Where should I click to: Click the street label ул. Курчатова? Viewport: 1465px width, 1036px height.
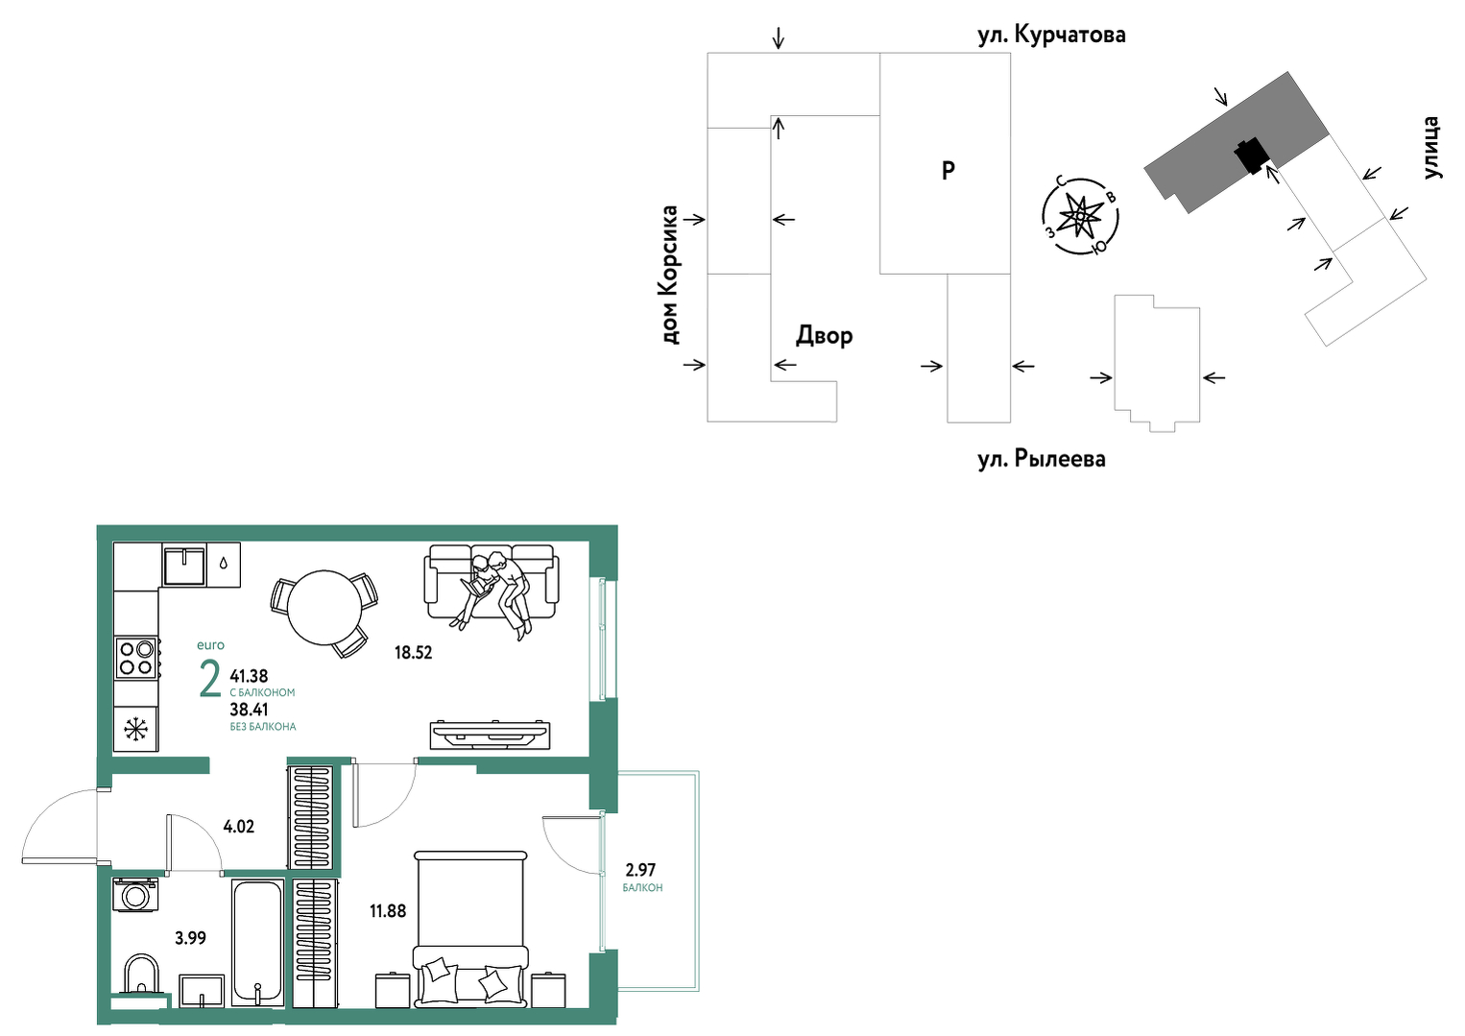1051,35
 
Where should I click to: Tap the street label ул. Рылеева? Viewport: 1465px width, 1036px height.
1042,459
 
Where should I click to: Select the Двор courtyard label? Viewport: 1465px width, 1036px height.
824,335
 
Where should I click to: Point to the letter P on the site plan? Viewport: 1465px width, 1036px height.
948,171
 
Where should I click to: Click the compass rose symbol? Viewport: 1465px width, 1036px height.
1080,216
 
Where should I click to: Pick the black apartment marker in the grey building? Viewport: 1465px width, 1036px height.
1252,156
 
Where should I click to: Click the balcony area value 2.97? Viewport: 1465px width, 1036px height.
640,870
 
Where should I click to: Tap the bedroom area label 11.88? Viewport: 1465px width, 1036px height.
388,910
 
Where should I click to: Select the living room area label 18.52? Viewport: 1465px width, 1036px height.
414,652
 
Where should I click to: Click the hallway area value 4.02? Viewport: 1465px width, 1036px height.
239,827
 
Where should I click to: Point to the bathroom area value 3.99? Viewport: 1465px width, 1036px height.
190,939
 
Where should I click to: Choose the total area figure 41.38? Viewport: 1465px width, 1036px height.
250,676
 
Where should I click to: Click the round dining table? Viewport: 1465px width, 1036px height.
325,608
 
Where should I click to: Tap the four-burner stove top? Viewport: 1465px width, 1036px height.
136,658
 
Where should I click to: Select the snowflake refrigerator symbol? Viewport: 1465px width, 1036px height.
136,729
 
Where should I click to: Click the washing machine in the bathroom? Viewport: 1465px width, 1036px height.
135,895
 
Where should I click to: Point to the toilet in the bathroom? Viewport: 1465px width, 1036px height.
141,976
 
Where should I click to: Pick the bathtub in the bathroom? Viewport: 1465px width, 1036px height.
257,944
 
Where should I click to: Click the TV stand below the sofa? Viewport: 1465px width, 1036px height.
490,735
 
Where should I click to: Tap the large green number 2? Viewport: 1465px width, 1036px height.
210,680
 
